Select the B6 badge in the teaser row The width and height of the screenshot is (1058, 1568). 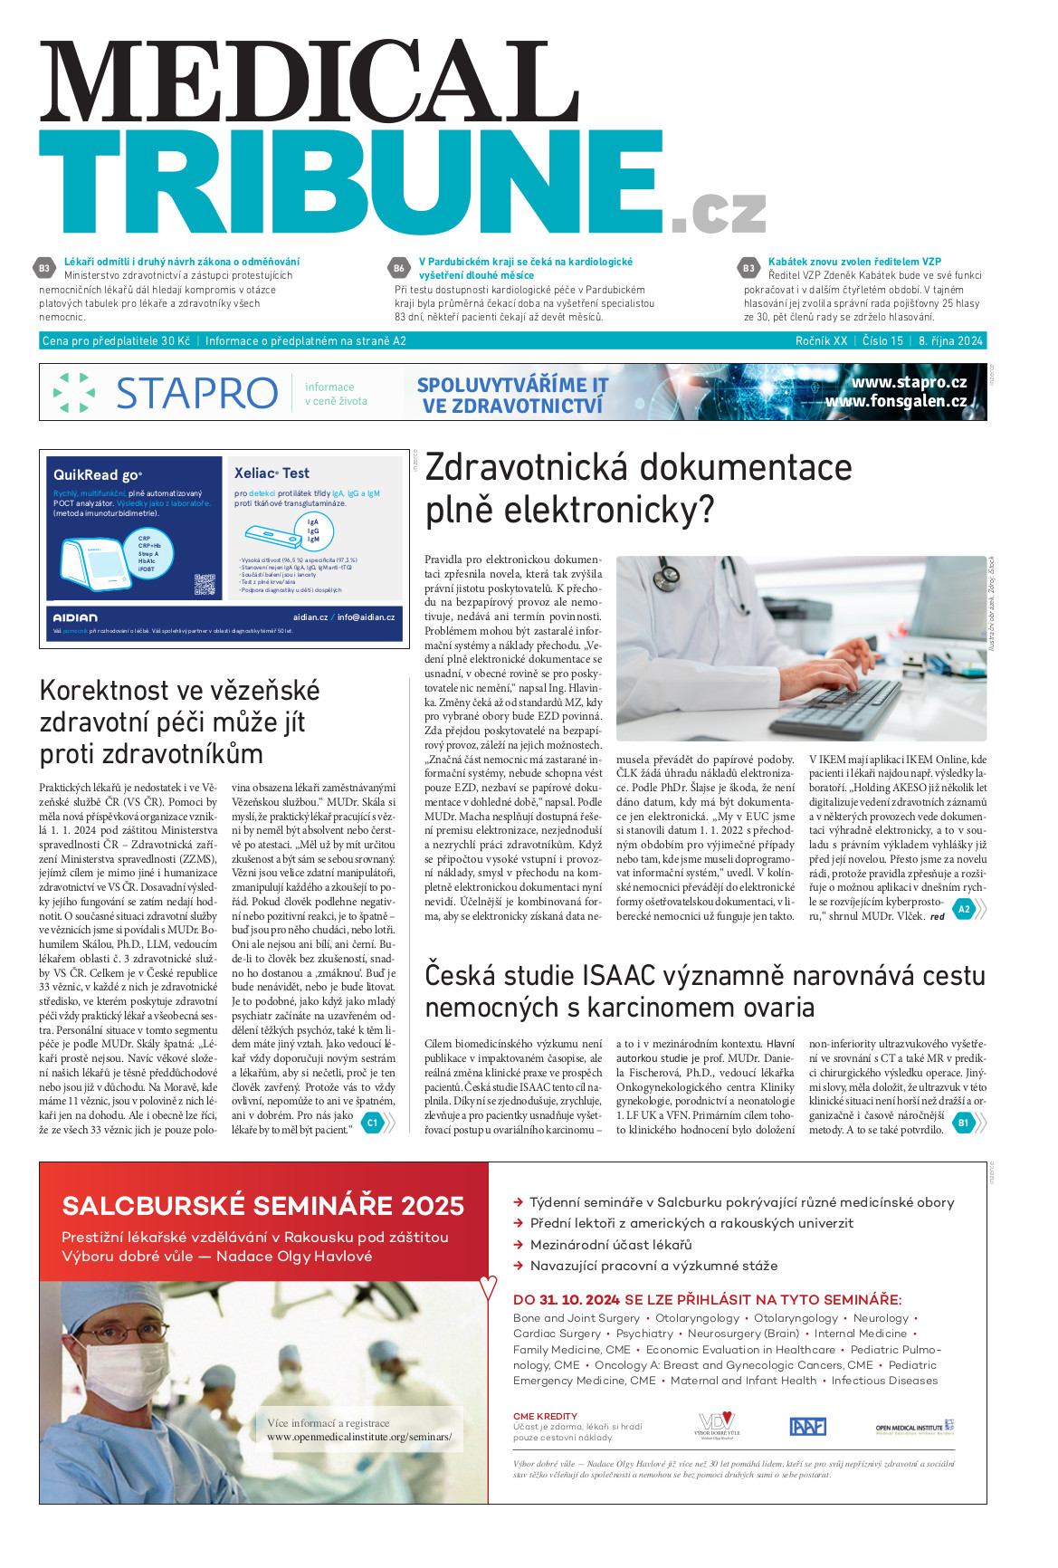(399, 268)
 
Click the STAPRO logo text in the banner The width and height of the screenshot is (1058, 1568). (196, 393)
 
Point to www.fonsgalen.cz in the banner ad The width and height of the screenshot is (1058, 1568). (895, 401)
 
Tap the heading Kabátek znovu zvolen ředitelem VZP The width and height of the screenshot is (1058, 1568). (853, 262)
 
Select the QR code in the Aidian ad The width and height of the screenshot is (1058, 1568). (205, 585)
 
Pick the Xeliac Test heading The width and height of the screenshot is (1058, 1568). (272, 473)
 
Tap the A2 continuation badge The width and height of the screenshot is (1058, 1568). (964, 909)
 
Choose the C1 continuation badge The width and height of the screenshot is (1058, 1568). (371, 1123)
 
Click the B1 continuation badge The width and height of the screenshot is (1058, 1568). (963, 1123)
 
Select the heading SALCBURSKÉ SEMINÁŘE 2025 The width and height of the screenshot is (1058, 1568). (262, 1206)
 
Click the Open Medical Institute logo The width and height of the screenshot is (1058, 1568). (914, 1427)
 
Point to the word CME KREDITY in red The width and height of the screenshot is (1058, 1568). (545, 1416)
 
